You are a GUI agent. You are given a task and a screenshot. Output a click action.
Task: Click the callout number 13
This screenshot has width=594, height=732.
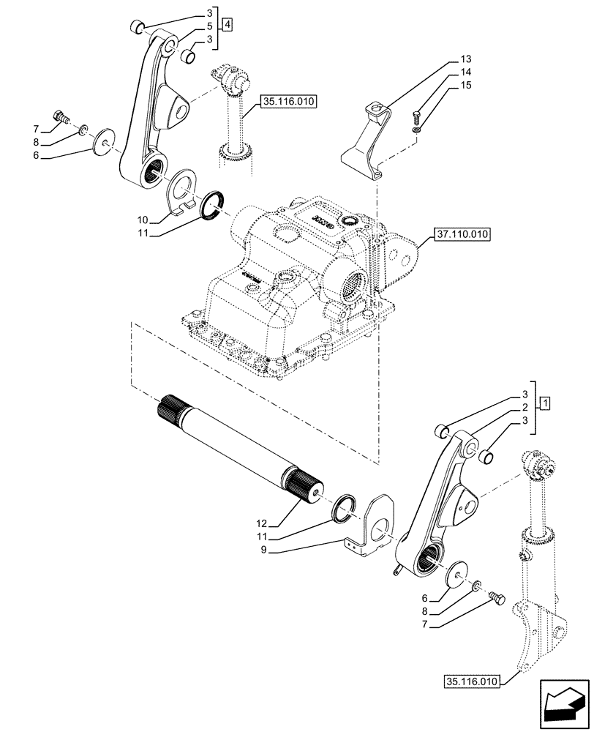tap(467, 59)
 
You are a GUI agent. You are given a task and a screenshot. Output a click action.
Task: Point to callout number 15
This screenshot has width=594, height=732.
tap(467, 86)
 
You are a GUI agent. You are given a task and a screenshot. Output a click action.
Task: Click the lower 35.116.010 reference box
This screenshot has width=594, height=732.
tap(471, 681)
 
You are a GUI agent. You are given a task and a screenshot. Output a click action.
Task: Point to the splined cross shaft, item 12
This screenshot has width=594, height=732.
tap(241, 449)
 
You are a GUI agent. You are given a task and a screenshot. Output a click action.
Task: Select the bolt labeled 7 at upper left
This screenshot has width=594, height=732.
tap(59, 116)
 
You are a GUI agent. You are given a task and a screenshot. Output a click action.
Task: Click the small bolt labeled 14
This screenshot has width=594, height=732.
tap(417, 114)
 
